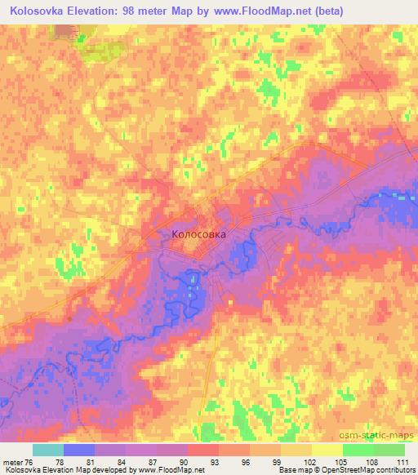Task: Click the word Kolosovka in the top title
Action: pyautogui.click(x=40, y=11)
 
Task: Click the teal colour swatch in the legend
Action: pyautogui.click(x=48, y=450)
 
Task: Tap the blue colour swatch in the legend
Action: pyautogui.click(x=79, y=450)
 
